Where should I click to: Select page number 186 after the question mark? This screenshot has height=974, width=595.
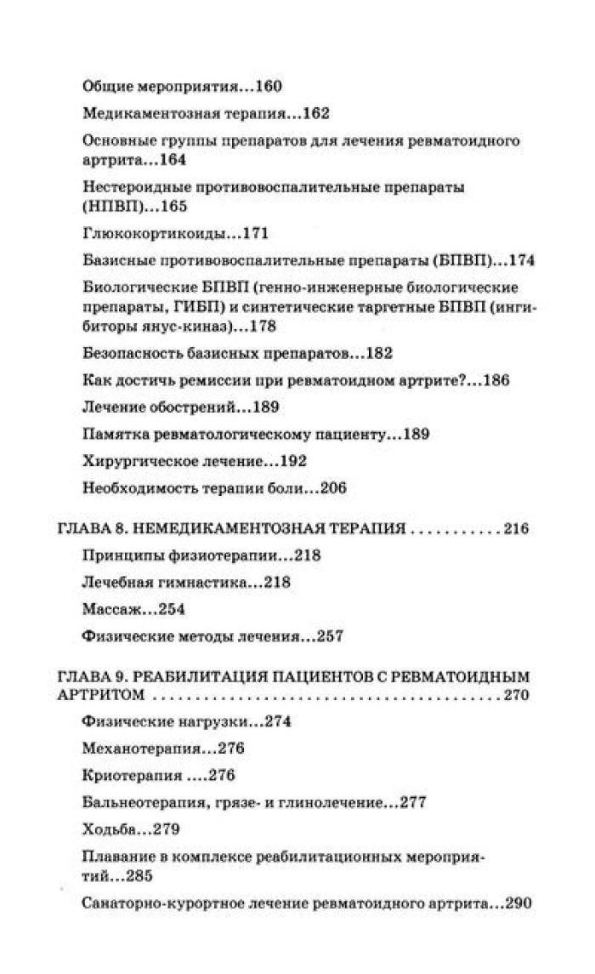(496, 380)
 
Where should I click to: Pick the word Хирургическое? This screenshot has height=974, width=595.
(134, 461)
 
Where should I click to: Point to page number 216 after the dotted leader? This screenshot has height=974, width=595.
(516, 529)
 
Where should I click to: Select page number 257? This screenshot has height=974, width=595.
(329, 635)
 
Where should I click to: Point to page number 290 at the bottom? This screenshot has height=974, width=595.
(518, 903)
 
